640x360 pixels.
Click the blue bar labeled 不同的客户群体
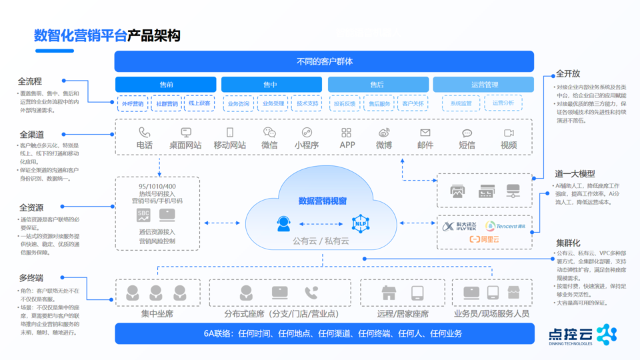coord(324,61)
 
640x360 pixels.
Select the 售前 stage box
coord(166,85)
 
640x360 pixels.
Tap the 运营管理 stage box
coord(483,85)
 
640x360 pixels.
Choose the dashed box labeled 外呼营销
coord(132,104)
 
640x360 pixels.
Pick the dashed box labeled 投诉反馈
coord(345,104)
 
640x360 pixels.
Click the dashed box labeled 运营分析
coord(503,103)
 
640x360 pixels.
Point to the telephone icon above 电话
coord(144,132)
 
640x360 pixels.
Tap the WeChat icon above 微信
coord(269,133)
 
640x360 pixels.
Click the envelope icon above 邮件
coord(425,133)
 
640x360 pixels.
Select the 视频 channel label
coord(509,145)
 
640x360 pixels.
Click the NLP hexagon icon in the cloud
coord(361,223)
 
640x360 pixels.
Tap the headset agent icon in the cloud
coord(284,224)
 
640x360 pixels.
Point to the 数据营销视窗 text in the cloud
coord(323,201)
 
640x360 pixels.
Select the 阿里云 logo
coord(485,239)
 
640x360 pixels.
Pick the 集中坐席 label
coord(157,313)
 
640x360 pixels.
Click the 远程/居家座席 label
coord(403,313)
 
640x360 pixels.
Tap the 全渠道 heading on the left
coord(32,135)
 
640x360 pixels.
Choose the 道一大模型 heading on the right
coord(575,174)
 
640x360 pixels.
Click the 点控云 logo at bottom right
coord(583,335)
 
